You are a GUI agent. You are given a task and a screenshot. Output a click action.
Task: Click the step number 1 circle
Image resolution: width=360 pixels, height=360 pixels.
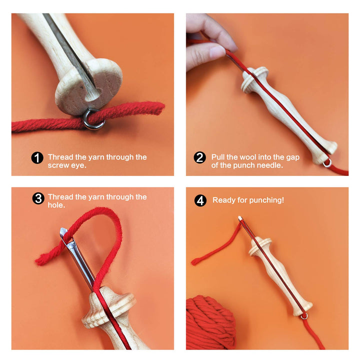37,158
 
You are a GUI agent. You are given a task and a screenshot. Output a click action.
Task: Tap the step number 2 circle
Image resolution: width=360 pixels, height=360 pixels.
200,158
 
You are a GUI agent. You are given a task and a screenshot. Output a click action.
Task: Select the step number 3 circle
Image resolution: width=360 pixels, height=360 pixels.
38,198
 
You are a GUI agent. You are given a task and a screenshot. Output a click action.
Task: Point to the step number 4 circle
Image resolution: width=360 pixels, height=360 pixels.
200,200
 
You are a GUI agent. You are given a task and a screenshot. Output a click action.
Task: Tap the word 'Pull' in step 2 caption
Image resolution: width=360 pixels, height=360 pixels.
219,157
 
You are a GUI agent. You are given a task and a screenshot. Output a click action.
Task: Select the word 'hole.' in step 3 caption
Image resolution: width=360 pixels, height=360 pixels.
56,205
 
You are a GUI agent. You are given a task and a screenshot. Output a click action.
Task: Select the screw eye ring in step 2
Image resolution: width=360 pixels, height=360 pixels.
327,162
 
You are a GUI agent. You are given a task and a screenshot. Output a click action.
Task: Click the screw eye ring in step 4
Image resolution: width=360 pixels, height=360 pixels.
304,315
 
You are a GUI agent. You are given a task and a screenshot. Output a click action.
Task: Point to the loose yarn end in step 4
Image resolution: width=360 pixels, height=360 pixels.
196,260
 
